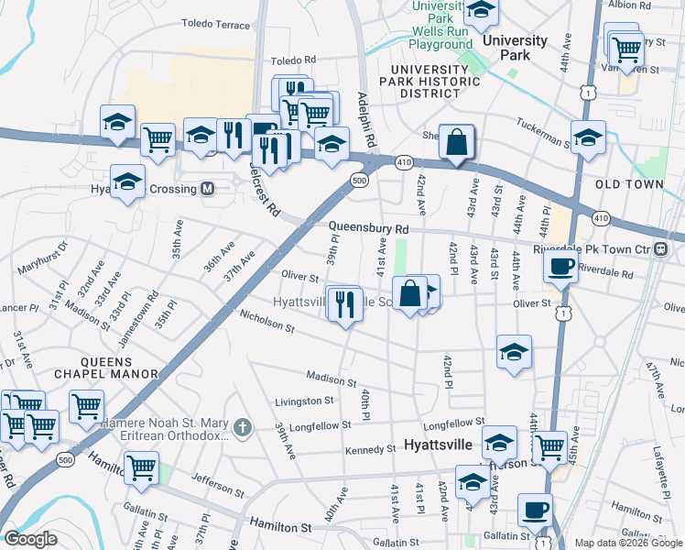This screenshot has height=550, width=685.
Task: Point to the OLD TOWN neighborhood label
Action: pos(628,184)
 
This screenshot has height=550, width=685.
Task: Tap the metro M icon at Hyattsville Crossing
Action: pos(207,189)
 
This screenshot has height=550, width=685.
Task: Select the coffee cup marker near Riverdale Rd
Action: pos(560,267)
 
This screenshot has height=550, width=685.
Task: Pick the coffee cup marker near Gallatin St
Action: pos(533,508)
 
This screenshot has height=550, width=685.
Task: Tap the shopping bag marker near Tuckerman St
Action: pos(455,142)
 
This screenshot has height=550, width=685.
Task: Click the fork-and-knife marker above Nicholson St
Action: pos(344,303)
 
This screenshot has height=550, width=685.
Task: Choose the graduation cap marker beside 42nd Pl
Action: pos(514,351)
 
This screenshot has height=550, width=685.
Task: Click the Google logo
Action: pos(31,539)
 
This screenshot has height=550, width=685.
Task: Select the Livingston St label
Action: pos(305,401)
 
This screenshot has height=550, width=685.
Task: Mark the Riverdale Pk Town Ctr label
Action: pos(603,248)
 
